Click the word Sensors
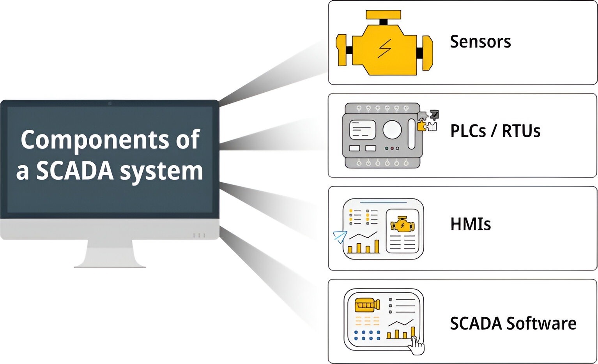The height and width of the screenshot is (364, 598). click(480, 42)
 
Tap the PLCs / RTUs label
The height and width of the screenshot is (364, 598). click(495, 131)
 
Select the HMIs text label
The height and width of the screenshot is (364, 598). click(471, 224)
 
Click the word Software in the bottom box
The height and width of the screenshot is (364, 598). click(541, 323)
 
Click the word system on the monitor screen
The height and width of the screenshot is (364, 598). click(161, 171)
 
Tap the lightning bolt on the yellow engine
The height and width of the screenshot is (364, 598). click(384, 49)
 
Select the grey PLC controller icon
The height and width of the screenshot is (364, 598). click(381, 136)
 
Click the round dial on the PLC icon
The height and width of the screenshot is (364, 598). click(392, 130)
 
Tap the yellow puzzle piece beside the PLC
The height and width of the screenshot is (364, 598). click(421, 125)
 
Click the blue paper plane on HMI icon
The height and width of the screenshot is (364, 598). click(340, 236)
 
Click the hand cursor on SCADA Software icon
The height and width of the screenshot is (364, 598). click(417, 346)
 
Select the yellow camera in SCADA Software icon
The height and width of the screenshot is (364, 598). click(367, 305)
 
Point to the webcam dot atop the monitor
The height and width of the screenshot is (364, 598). click(110, 104)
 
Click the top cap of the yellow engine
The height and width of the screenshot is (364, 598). click(383, 15)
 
